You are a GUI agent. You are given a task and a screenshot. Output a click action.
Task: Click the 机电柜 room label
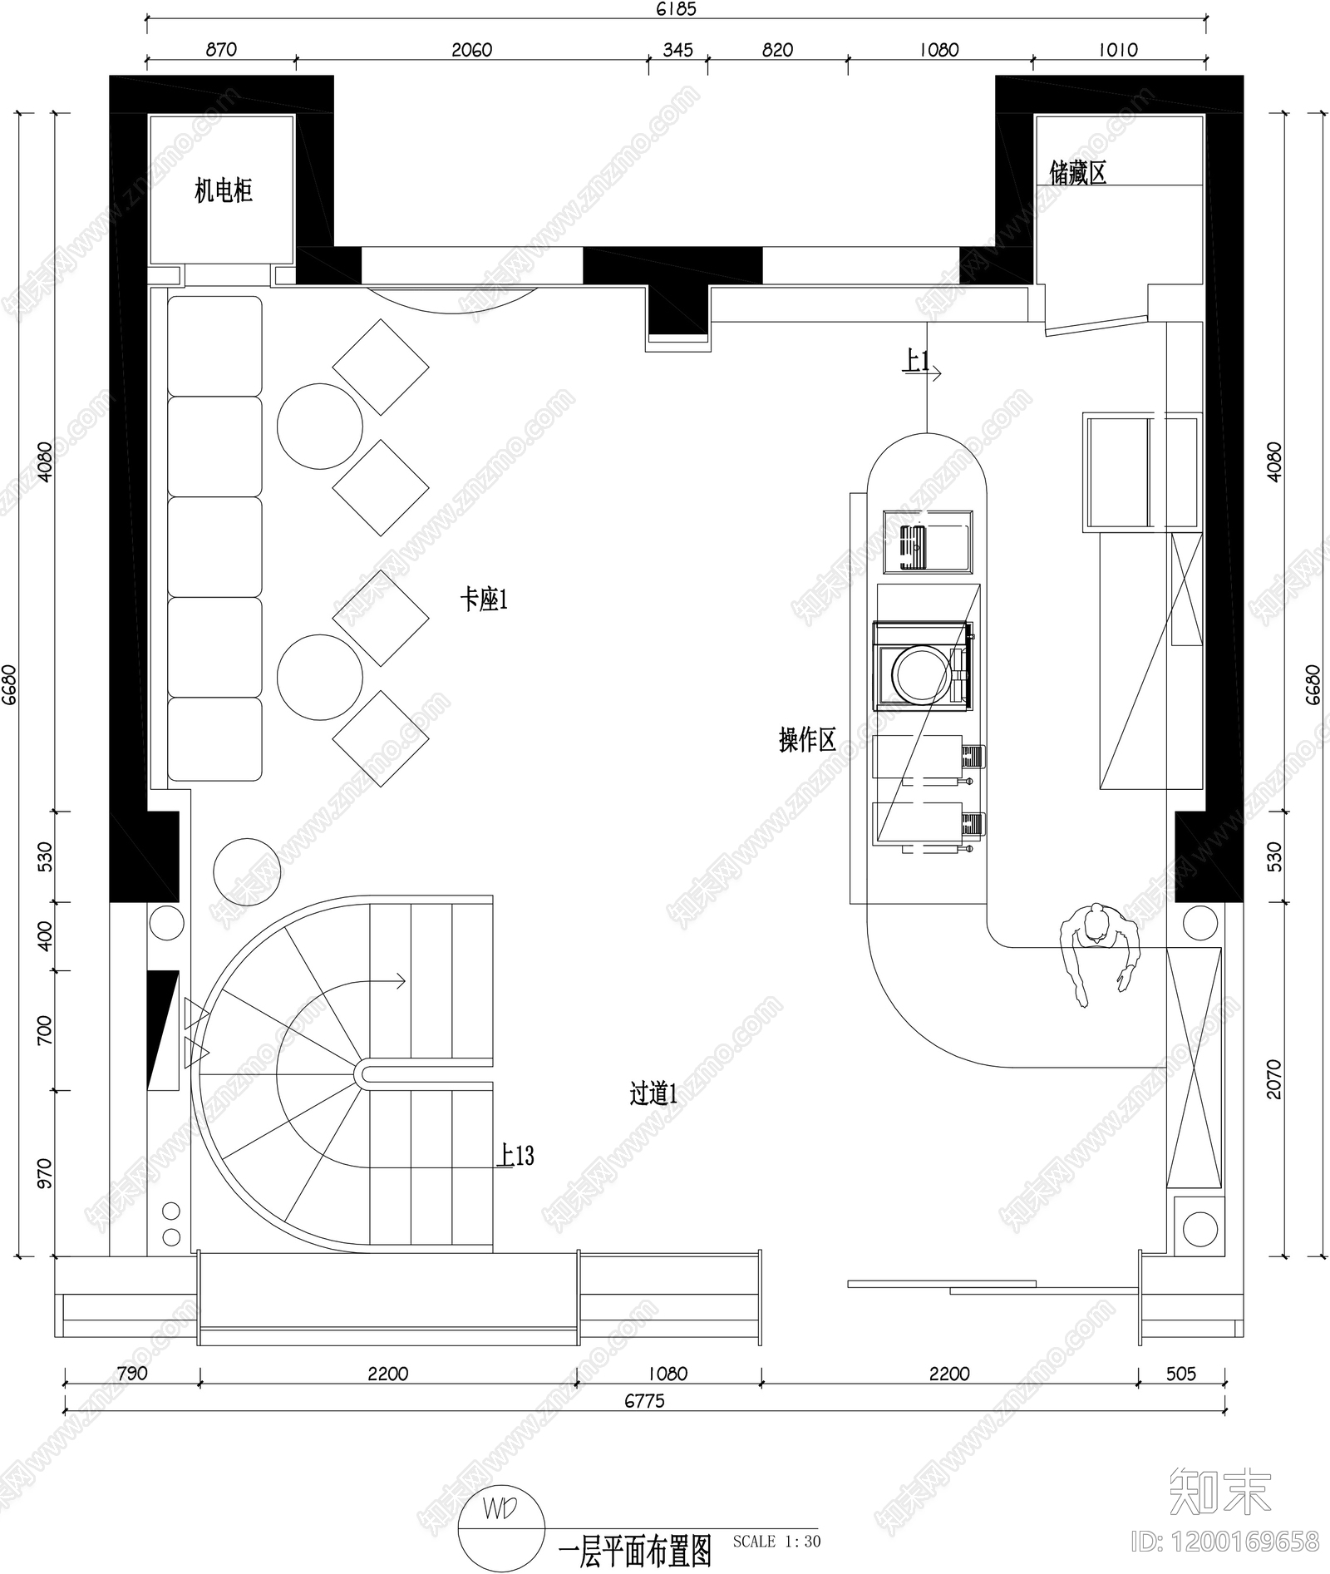(x=223, y=191)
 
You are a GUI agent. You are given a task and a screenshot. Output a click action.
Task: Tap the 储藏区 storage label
(x=1077, y=173)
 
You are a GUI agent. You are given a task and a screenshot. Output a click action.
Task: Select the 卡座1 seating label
(x=484, y=599)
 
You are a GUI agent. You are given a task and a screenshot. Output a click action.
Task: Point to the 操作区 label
(x=806, y=739)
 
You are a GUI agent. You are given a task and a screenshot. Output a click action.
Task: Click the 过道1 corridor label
(x=653, y=1093)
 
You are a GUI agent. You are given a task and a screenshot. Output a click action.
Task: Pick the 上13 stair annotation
(x=515, y=1156)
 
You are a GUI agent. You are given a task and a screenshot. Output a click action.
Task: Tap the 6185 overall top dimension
(x=676, y=9)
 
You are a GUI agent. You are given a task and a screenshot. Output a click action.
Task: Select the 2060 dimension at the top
(x=471, y=50)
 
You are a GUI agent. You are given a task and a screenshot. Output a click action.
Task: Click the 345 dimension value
(x=677, y=50)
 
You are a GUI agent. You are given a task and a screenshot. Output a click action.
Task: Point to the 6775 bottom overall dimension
(x=644, y=1401)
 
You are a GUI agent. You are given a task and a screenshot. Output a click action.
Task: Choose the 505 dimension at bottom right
(x=1180, y=1374)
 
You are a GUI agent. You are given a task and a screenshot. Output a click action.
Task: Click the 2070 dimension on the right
(x=1274, y=1079)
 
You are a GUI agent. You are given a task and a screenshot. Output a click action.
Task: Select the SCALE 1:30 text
(x=776, y=1542)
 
